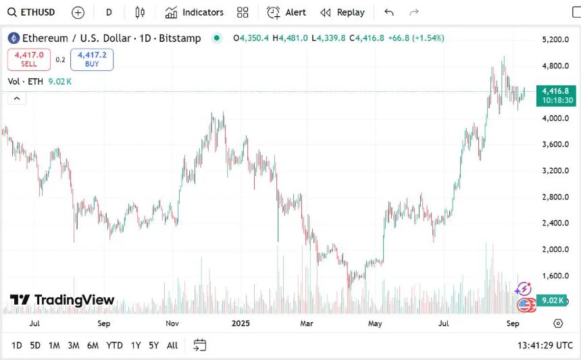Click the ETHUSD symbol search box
[x=32, y=12]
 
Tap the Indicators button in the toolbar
[x=195, y=12]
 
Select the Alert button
[x=286, y=12]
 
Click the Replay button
[x=343, y=12]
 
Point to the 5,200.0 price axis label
[x=556, y=40]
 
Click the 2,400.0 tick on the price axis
[x=556, y=223]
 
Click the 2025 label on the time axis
[x=241, y=323]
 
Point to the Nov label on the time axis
[x=172, y=323]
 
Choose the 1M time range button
[x=54, y=345]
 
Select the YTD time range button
[x=114, y=345]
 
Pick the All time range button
[x=172, y=345]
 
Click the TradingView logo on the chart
[x=62, y=300]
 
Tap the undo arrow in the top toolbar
[x=388, y=12]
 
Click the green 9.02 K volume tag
[x=553, y=301]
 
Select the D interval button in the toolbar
[x=109, y=12]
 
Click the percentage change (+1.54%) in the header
[x=428, y=38]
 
